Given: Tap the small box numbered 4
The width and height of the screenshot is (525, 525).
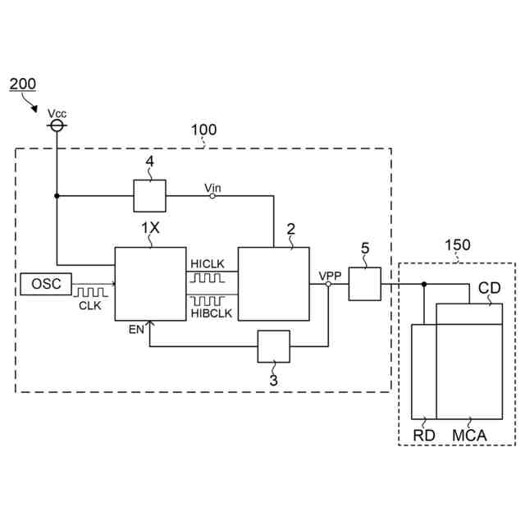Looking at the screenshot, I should (149, 196).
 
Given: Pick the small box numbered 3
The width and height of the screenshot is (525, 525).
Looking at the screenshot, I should (274, 346).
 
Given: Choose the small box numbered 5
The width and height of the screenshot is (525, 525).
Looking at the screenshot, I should (365, 284).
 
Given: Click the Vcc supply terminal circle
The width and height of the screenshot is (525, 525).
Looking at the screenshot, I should (57, 126).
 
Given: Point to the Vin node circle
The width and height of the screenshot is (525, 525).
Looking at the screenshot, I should (212, 196).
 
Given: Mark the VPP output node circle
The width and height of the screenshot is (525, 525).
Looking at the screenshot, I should (327, 284).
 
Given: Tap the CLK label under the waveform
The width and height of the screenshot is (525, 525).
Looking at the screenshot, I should (90, 306).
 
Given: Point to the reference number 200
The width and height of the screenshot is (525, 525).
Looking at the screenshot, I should (22, 85).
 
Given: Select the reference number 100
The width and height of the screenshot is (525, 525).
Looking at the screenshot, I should (203, 130).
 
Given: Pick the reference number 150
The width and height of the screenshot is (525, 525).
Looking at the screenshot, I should (457, 245).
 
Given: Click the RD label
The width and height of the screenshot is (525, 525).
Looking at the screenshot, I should (423, 436).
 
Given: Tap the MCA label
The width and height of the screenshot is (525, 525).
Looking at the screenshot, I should (469, 436).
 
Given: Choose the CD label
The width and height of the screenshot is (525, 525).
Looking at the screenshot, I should (489, 290).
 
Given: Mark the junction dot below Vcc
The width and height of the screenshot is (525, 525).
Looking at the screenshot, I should (57, 196).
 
